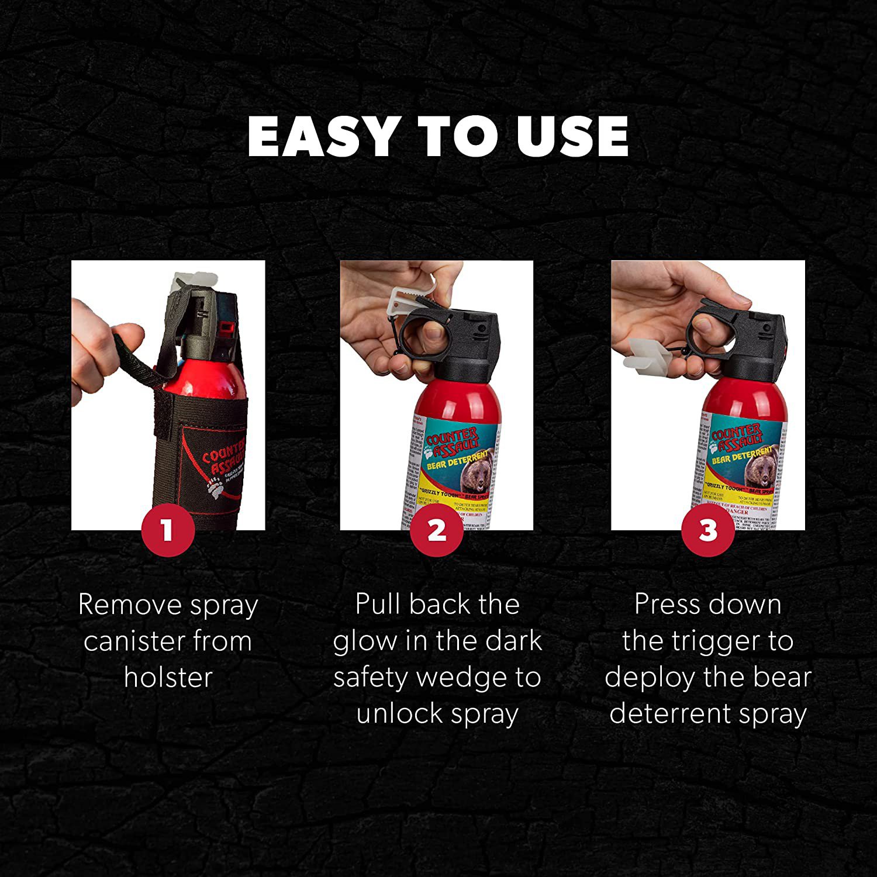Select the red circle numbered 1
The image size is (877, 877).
[x=168, y=530]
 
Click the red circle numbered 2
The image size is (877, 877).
[x=437, y=530]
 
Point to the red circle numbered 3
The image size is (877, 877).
[x=708, y=530]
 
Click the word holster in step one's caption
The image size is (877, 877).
[x=168, y=677]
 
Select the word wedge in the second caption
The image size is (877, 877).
[x=462, y=678]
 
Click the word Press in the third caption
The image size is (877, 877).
[x=662, y=605]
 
